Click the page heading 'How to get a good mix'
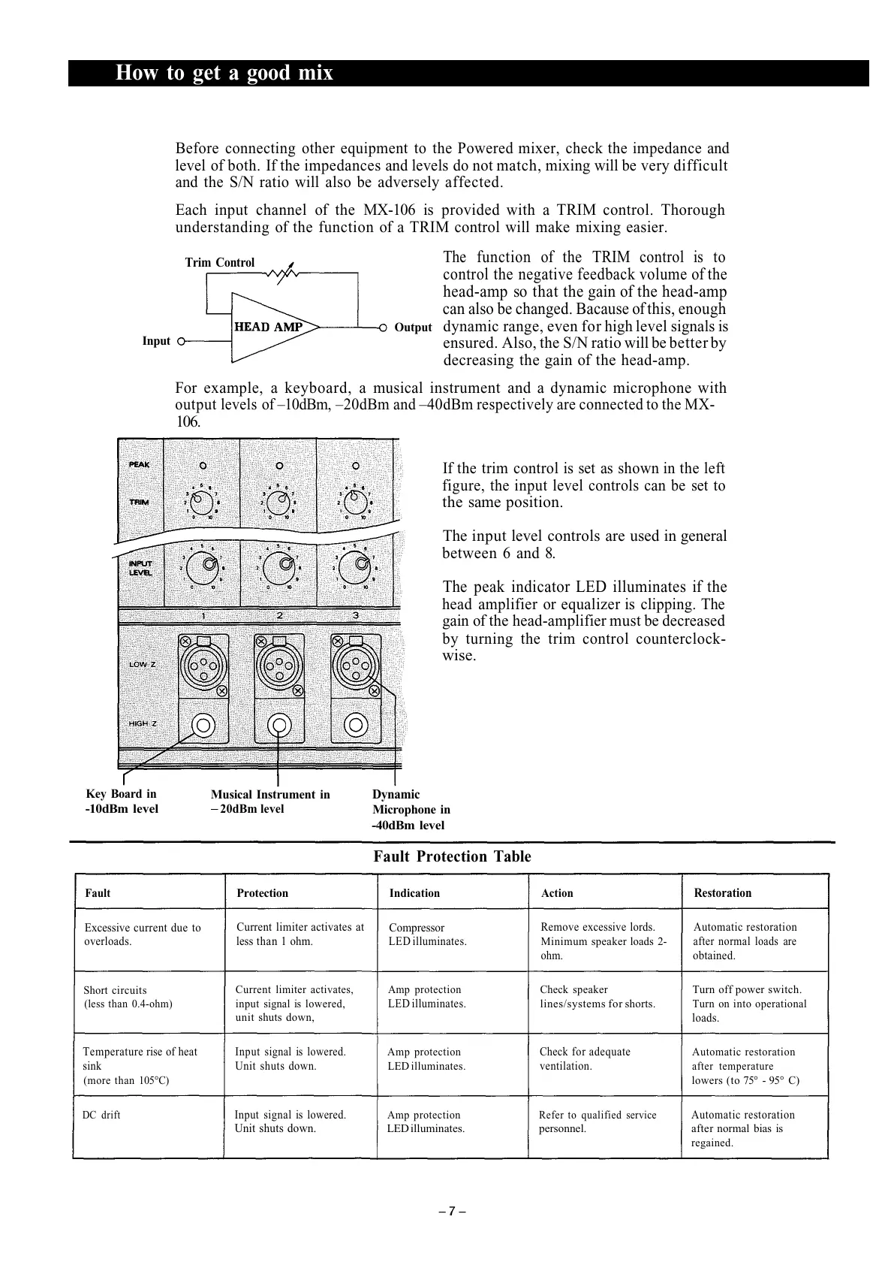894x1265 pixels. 224,73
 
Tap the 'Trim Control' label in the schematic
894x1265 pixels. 220,262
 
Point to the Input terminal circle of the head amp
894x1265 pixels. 181,341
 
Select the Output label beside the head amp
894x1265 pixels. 413,328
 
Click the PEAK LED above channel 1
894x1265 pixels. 203,465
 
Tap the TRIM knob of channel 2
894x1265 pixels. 278,499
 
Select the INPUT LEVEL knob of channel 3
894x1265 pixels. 360,564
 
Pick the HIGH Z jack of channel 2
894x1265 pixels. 279,725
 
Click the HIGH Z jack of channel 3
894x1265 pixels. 356,725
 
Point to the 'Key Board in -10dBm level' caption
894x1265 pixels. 122,802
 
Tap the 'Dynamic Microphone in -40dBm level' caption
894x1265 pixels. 411,810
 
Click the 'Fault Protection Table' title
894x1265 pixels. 452,856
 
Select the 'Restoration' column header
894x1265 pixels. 722,893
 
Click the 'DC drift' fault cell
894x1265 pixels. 101,1115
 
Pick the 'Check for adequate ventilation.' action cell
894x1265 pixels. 585,1058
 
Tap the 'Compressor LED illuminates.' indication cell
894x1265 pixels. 427,934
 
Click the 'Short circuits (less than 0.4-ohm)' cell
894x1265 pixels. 128,997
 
